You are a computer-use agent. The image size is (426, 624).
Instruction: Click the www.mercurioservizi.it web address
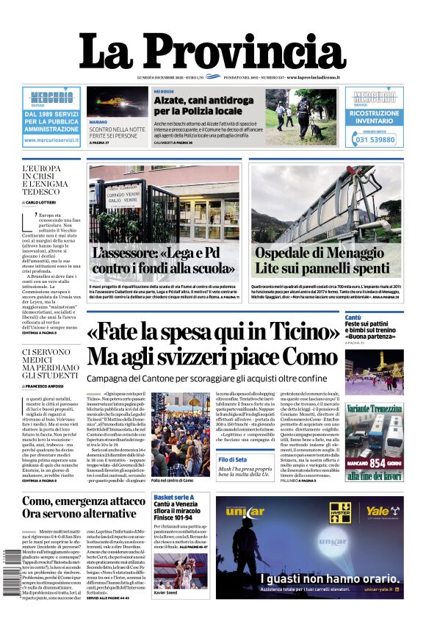[x=51, y=140]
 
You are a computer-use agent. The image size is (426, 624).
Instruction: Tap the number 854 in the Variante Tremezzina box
[x=383, y=463]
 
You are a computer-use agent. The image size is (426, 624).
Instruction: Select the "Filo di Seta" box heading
[x=233, y=459]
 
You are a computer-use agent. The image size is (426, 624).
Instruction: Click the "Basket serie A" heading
[x=174, y=498]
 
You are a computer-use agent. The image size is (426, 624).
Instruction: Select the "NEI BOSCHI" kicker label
[x=162, y=92]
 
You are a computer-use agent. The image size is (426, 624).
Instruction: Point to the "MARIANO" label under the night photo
[x=98, y=121]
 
